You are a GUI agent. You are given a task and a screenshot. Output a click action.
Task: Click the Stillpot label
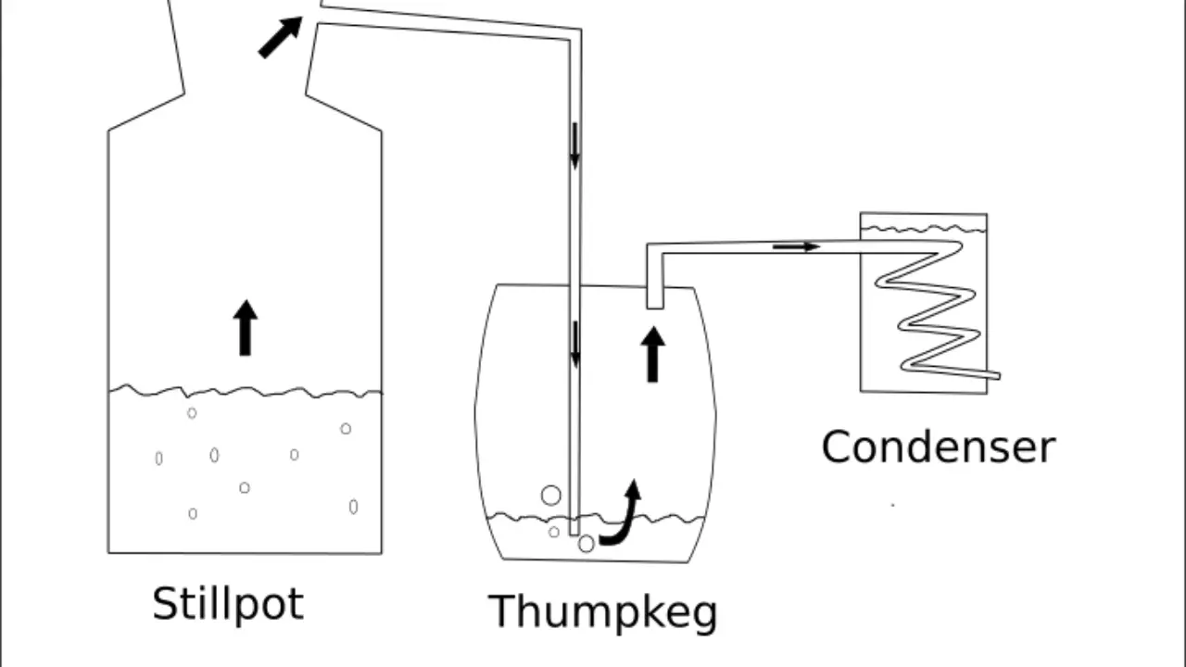click(227, 604)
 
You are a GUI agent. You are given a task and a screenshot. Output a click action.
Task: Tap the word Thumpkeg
click(602, 612)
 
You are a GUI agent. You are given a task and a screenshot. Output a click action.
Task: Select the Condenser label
click(938, 447)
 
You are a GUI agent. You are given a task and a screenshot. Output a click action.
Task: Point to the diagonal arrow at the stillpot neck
click(280, 37)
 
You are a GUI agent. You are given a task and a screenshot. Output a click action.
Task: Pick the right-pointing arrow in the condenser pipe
click(796, 246)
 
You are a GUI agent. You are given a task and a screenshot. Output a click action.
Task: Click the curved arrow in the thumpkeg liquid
click(623, 514)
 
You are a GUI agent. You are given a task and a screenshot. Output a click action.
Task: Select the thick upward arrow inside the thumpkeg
click(653, 354)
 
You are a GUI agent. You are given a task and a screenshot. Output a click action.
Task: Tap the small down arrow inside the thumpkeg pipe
click(575, 344)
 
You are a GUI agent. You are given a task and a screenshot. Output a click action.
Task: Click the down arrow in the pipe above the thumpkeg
click(574, 146)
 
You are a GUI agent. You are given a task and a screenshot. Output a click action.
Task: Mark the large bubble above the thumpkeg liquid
click(551, 496)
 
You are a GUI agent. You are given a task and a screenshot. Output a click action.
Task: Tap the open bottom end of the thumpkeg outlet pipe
click(654, 306)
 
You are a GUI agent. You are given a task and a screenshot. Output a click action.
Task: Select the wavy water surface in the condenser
click(923, 228)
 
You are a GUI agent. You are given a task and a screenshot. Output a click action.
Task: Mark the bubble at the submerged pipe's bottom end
click(586, 545)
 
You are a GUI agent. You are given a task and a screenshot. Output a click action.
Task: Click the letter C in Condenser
click(836, 447)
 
